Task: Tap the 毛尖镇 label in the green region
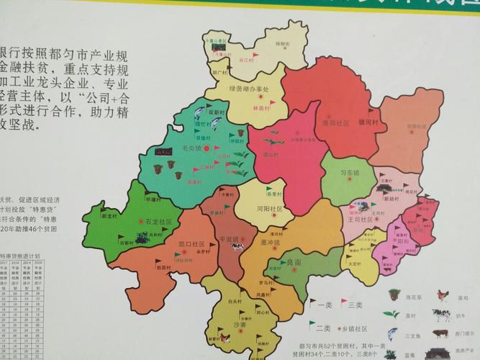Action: pyautogui.click(x=189, y=148)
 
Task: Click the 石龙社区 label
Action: pyautogui.click(x=158, y=222)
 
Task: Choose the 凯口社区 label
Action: pyautogui.click(x=192, y=244)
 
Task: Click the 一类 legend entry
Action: pyautogui.click(x=323, y=305)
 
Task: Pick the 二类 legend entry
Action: pyautogui.click(x=323, y=328)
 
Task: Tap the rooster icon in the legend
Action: pyautogui.click(x=442, y=294)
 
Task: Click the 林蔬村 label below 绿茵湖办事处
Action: pyautogui.click(x=260, y=107)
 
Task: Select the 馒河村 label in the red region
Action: pyautogui.click(x=368, y=122)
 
